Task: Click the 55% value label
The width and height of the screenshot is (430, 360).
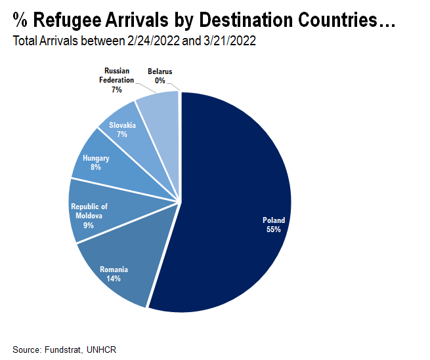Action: (x=274, y=230)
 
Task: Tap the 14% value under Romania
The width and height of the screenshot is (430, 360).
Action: (x=114, y=279)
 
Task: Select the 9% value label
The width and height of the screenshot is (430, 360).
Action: (x=89, y=225)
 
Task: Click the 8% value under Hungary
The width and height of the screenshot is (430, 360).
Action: (x=96, y=167)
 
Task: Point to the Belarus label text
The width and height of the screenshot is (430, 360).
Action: (x=160, y=71)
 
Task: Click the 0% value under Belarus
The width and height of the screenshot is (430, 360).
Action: (x=160, y=80)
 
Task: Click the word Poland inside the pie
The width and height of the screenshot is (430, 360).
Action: (x=274, y=221)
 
